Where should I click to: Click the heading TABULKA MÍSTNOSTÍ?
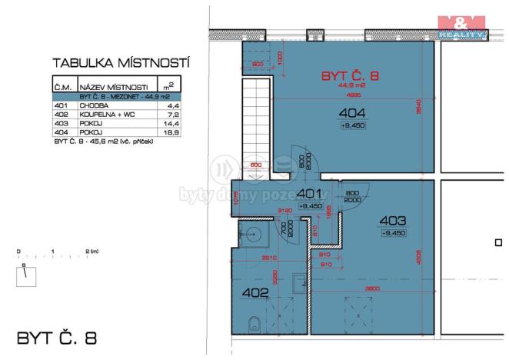click(121, 62)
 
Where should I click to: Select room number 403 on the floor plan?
click(394, 221)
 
